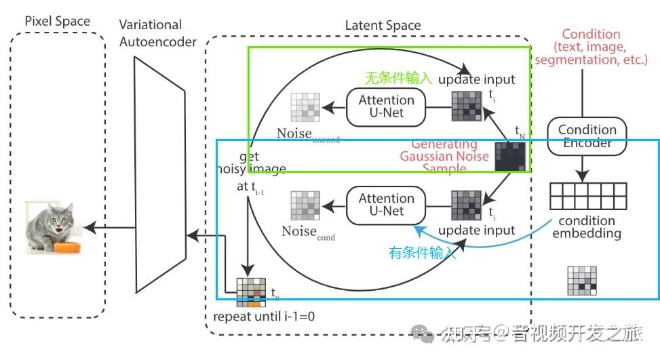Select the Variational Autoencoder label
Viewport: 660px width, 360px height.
157,33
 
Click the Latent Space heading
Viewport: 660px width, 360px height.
383,26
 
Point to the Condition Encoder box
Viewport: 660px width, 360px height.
587,136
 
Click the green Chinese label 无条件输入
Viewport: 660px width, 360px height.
398,79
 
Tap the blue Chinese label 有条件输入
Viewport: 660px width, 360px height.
422,253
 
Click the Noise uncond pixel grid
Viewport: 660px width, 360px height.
305,107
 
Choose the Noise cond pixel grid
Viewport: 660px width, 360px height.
305,205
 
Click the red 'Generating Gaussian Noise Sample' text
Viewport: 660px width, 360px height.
444,157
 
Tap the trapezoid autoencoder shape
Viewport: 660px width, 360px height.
159,172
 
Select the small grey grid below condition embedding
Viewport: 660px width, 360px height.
581,281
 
